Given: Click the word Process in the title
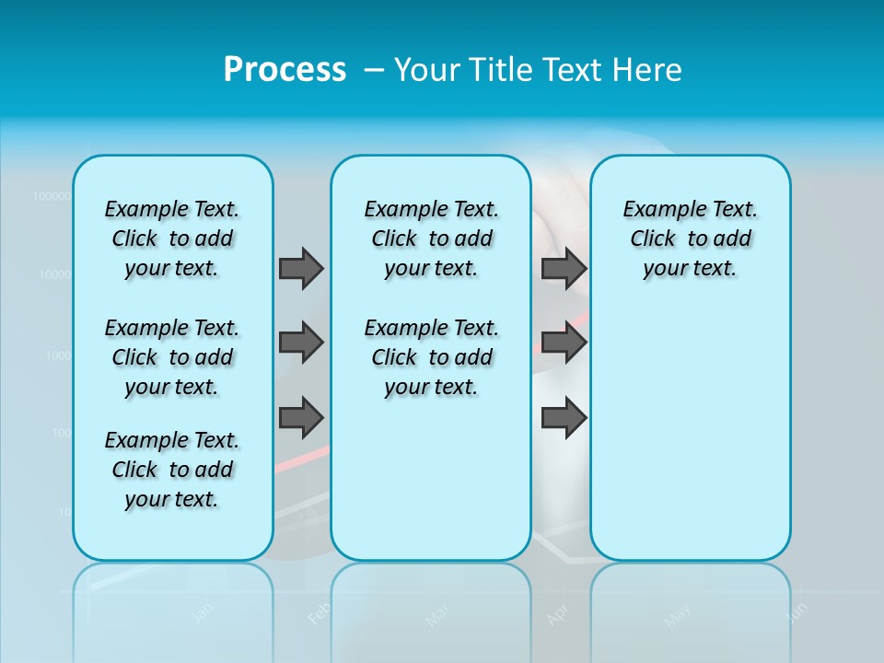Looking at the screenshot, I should tap(285, 69).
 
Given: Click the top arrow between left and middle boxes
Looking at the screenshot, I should tap(301, 268).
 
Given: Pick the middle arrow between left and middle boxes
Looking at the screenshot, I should tap(301, 343).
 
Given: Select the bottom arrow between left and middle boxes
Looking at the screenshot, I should tap(301, 418).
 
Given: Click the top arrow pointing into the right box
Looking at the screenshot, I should tap(564, 268).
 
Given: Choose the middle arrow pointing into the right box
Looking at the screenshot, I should tap(564, 343).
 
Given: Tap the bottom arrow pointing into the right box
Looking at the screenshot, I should tap(564, 418).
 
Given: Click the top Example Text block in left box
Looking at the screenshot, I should tap(172, 238).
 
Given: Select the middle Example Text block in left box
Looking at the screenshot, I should tap(172, 357).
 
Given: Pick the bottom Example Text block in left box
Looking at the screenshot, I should tap(172, 470).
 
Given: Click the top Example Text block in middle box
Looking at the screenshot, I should tap(431, 238).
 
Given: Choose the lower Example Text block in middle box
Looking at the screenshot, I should tap(431, 357).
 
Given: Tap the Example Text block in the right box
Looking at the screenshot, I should tap(690, 238).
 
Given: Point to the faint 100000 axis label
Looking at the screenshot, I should tap(52, 196).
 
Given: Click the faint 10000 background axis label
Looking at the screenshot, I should tap(54, 274).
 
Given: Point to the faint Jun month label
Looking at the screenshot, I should tap(798, 611).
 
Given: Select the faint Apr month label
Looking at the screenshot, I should tap(557, 615).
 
